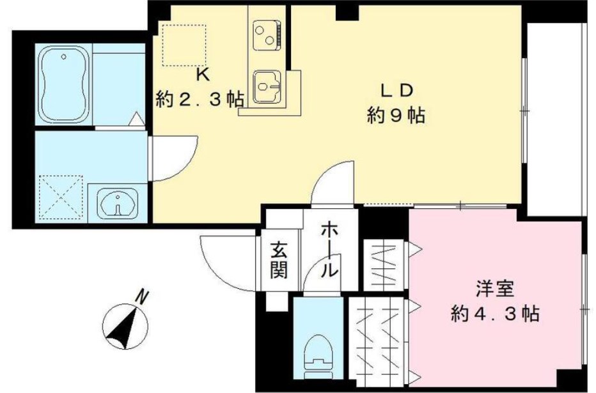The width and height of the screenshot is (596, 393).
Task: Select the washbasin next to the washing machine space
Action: point(117,204)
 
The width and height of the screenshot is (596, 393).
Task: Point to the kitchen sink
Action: point(268,86)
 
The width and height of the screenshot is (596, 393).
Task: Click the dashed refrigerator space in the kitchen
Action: point(184,45)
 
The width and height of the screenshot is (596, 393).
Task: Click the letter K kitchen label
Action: point(202,75)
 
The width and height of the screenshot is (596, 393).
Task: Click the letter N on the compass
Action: point(143,297)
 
